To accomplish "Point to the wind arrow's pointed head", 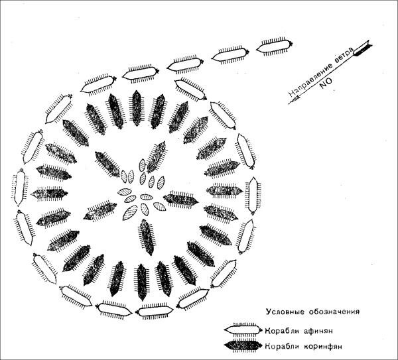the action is click(290, 103).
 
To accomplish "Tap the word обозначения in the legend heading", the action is click(334, 312).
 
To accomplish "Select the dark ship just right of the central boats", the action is click(180, 200).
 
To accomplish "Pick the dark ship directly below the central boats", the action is click(147, 237).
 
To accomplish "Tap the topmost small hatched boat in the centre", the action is click(143, 165).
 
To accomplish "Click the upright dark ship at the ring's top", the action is click(137, 108).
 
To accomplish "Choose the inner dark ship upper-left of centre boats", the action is click(107, 164).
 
